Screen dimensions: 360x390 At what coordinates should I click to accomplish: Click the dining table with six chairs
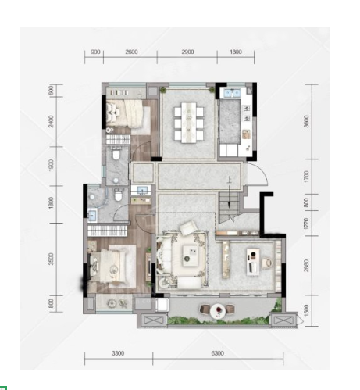tap(189, 122)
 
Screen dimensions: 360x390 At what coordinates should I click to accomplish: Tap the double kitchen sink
tap(231, 93)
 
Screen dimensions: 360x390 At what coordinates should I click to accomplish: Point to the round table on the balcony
tap(218, 310)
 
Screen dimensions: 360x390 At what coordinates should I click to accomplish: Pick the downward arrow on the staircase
tap(229, 193)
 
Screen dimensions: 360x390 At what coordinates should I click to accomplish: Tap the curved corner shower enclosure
tap(98, 197)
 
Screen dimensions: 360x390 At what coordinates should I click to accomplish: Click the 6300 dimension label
tap(217, 353)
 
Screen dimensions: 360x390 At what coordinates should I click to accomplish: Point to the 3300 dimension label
tap(118, 353)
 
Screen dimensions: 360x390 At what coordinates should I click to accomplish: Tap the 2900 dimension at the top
tap(187, 52)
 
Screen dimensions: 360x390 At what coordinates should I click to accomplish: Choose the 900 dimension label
tap(95, 52)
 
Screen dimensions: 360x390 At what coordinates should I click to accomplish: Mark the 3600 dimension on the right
tap(307, 121)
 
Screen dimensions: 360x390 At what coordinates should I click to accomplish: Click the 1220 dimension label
tap(306, 223)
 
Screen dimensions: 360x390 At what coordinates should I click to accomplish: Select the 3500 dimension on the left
tap(51, 259)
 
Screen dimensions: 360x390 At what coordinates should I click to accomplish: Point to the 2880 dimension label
tap(306, 265)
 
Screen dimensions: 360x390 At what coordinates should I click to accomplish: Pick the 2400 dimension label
tap(51, 121)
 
